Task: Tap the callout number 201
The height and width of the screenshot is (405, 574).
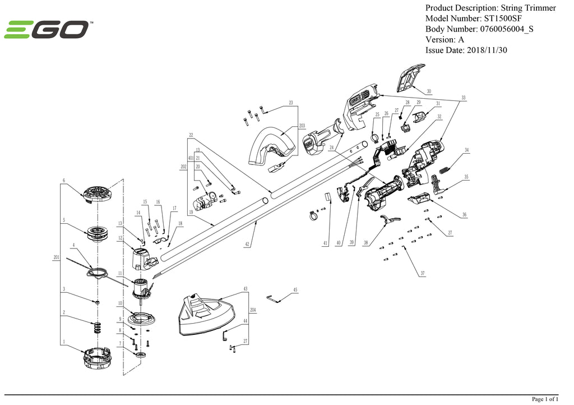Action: [56, 257]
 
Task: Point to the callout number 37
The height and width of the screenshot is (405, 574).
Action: [423, 274]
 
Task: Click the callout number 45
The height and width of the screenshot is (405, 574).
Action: [295, 290]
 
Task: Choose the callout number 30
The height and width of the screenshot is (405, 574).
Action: [429, 91]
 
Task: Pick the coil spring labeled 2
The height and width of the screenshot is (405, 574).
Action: [97, 326]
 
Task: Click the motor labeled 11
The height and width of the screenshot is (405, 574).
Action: [141, 287]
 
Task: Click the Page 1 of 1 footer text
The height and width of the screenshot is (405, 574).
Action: [544, 399]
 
